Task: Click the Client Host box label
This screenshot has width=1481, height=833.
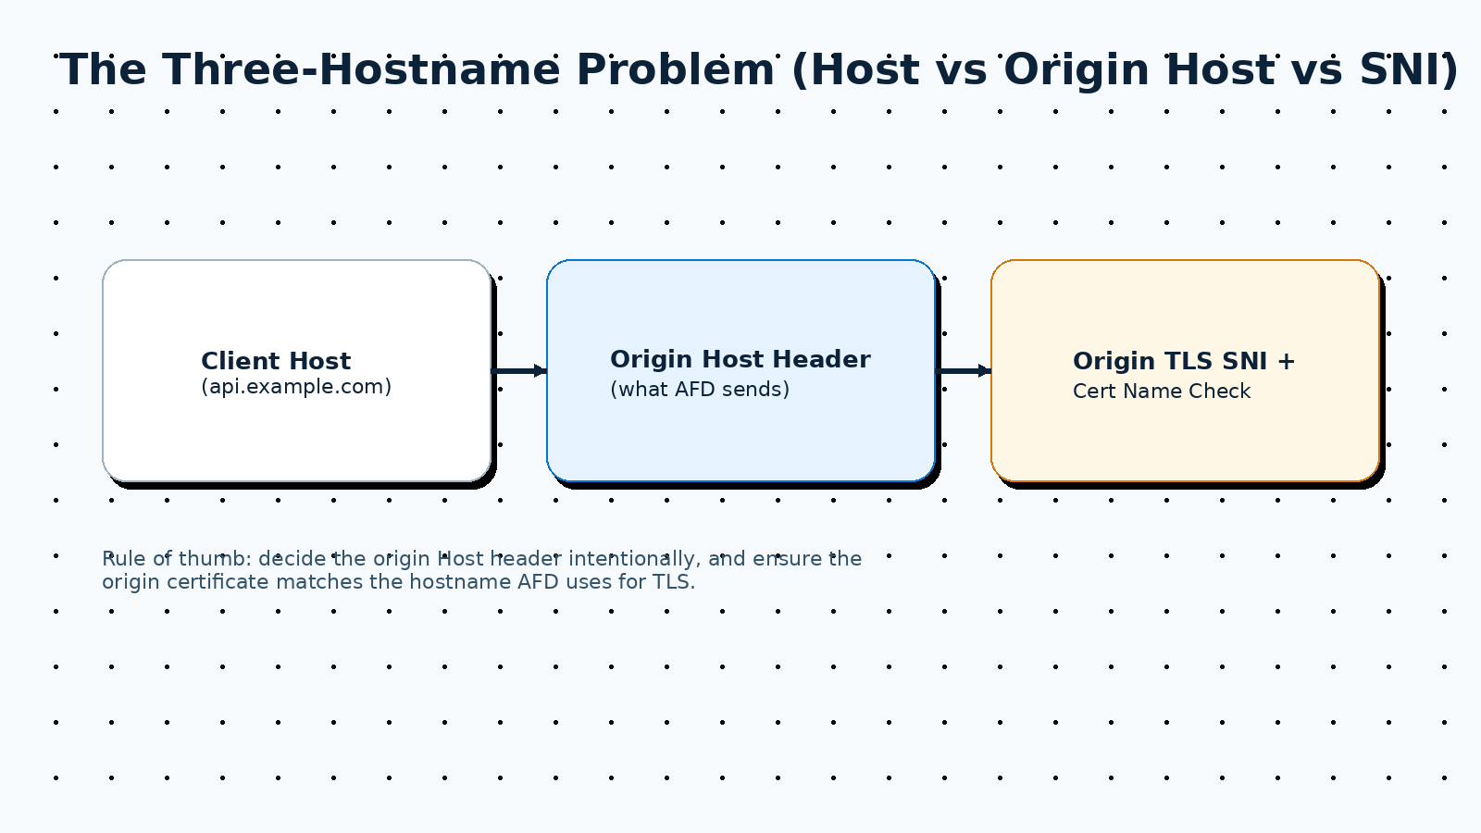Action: click(276, 361)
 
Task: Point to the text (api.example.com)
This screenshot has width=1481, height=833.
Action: click(296, 387)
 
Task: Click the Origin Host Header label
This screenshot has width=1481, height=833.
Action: click(740, 359)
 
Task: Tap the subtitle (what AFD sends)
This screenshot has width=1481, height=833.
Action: click(700, 390)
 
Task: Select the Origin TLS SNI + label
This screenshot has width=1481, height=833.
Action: click(1183, 361)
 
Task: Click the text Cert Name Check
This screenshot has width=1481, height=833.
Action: click(1162, 392)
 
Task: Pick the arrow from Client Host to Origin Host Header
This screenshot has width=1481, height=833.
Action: click(519, 371)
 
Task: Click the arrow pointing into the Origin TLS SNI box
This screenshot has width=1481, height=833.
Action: click(965, 371)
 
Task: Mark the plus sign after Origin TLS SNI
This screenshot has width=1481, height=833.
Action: click(1286, 361)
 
